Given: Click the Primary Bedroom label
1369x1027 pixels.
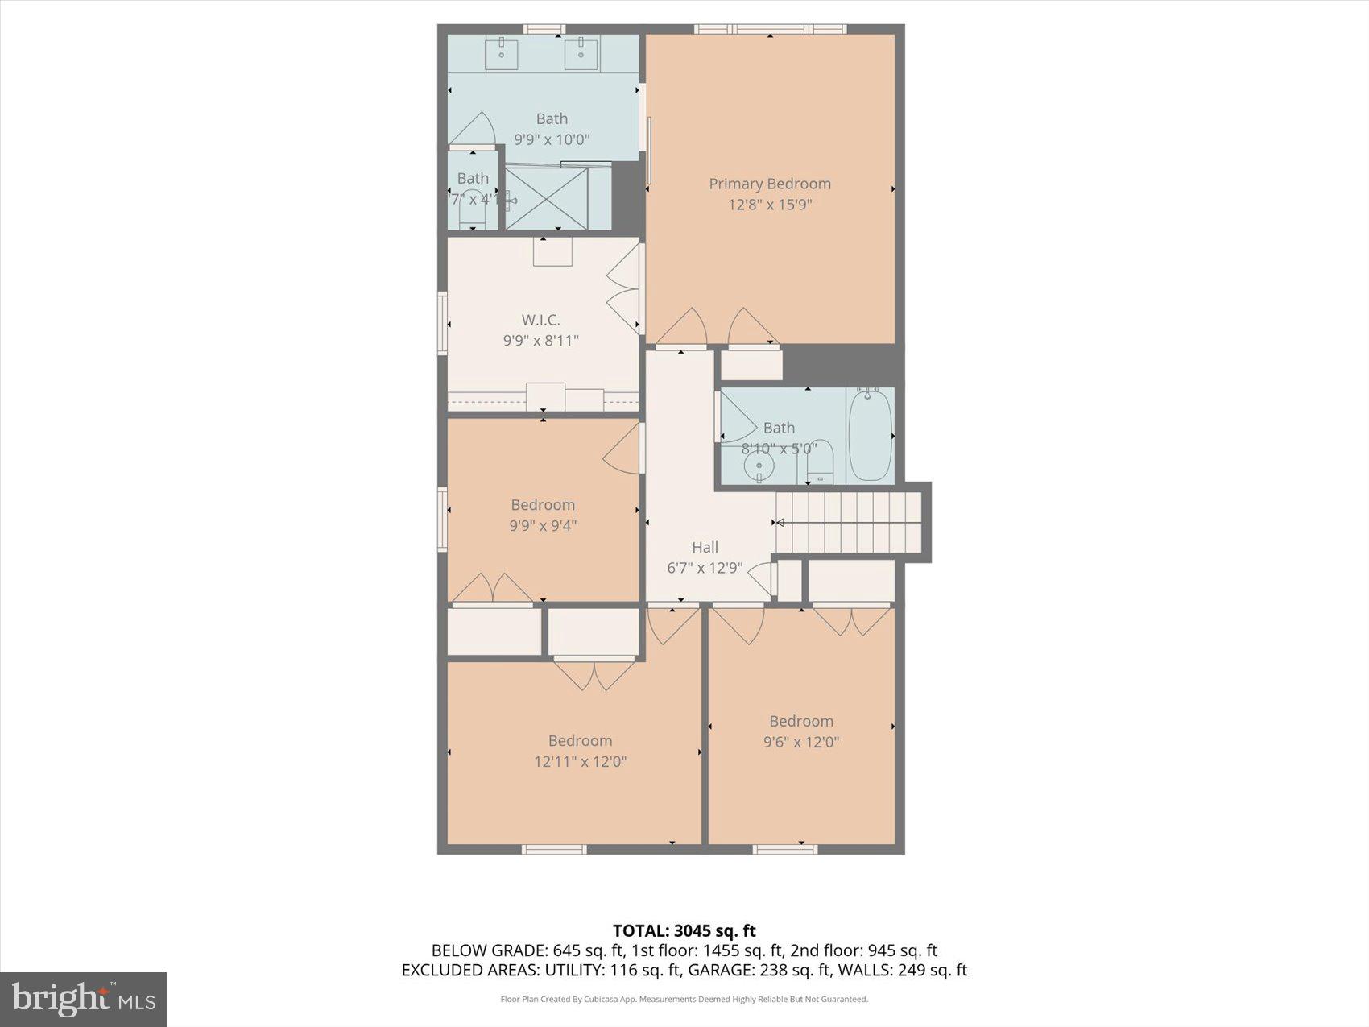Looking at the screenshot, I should click(x=769, y=184).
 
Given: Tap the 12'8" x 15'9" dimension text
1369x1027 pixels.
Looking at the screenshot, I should click(x=769, y=205).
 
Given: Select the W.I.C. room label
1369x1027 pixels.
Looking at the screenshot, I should click(x=540, y=320).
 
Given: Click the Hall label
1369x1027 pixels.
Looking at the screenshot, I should click(x=705, y=547).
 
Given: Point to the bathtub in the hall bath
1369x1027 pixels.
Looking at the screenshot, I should click(x=870, y=435).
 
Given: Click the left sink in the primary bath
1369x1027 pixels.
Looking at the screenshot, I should click(x=501, y=55).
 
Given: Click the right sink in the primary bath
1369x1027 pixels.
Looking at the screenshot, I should click(x=581, y=55).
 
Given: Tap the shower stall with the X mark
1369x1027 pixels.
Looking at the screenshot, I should click(x=546, y=198).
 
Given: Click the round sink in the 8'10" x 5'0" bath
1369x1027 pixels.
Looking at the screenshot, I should click(x=758, y=466).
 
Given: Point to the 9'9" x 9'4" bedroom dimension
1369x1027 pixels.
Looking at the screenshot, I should click(x=543, y=526).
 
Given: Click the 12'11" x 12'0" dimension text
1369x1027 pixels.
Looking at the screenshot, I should click(x=580, y=761).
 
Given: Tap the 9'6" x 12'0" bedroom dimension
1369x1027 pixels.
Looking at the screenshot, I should click(x=800, y=742).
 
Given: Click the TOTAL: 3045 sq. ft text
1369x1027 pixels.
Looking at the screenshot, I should click(x=684, y=931).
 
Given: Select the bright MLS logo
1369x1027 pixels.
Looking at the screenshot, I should click(x=84, y=1000).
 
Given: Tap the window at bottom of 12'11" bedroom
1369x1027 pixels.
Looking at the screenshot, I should click(x=553, y=849).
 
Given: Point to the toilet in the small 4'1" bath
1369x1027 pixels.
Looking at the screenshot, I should click(x=472, y=211).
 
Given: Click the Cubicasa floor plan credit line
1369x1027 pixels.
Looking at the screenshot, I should click(x=684, y=999).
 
